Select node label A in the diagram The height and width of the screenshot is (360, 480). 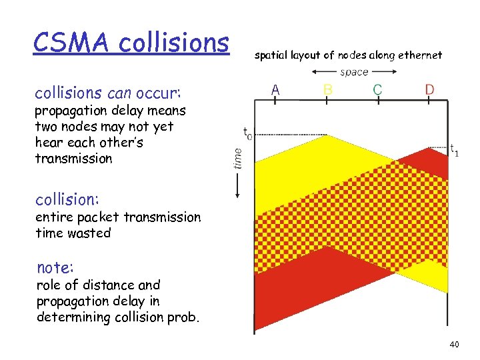[275, 89]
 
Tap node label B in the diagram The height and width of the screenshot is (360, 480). [327, 89]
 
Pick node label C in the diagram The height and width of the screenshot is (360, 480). [377, 89]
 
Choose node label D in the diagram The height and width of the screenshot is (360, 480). [429, 89]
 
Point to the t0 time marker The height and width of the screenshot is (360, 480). [247, 134]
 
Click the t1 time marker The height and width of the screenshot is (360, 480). [453, 150]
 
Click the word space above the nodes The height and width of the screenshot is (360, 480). [354, 72]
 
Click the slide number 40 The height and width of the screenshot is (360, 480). [454, 344]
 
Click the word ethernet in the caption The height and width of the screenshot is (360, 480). [420, 55]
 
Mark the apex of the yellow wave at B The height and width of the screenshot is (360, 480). [328, 135]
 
